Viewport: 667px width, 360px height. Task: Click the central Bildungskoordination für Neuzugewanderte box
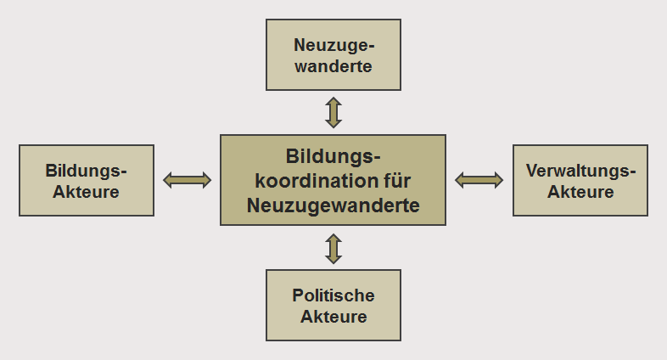333,180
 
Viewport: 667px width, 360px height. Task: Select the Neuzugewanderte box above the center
333,54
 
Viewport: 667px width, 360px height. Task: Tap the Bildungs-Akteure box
87,180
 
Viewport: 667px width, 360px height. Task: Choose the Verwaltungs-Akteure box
580,180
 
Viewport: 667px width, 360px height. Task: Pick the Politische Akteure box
333,306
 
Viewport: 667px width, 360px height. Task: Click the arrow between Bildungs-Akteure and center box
187,179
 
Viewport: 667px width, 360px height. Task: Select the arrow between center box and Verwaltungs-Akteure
479,179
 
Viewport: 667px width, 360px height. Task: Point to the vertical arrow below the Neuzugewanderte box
333,112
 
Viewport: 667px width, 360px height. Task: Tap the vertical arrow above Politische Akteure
333,248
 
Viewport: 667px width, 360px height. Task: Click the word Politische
333,295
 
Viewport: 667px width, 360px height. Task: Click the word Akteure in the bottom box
333,317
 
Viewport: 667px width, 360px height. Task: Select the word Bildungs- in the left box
87,170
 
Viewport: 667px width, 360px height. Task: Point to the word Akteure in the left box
87,192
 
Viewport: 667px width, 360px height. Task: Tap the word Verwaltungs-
580,170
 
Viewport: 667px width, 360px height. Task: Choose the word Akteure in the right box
580,192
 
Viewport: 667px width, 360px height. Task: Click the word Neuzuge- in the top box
333,44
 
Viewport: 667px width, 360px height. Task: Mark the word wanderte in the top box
333,65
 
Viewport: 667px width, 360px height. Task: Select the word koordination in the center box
312,180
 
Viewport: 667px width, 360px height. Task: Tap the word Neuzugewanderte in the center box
333,204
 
